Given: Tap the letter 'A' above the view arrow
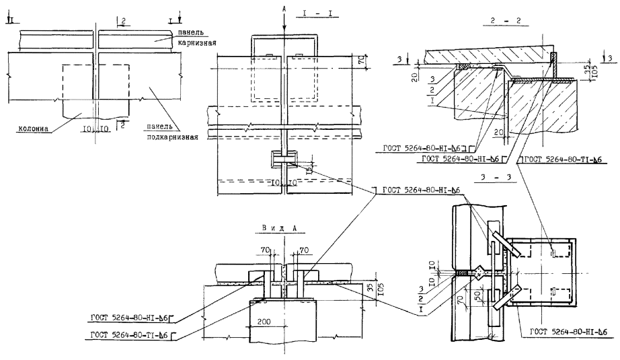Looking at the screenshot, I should [x=285, y=5].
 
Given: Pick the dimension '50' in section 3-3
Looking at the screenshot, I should [x=477, y=296].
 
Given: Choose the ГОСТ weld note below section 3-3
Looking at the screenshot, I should [x=569, y=332].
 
